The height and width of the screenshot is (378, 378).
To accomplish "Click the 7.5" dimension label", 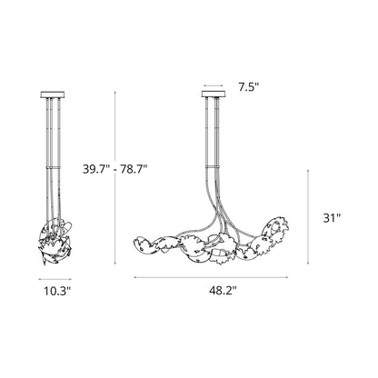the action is [x=249, y=87].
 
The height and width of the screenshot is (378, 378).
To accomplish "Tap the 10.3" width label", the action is [x=57, y=291].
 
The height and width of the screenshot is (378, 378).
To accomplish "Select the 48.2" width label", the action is [x=223, y=291].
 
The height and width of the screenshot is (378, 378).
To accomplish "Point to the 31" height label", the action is [x=332, y=218].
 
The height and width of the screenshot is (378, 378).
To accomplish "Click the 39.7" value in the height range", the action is [x=96, y=169].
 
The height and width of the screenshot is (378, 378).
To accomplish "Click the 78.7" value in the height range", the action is [x=134, y=169].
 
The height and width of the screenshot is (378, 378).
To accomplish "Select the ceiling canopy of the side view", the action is [x=53, y=94].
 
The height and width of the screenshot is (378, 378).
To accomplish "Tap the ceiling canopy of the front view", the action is [x=214, y=94].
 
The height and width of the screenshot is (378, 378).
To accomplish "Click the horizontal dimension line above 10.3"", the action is [x=55, y=279].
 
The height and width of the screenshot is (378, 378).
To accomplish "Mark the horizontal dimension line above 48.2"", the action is [x=212, y=277].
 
